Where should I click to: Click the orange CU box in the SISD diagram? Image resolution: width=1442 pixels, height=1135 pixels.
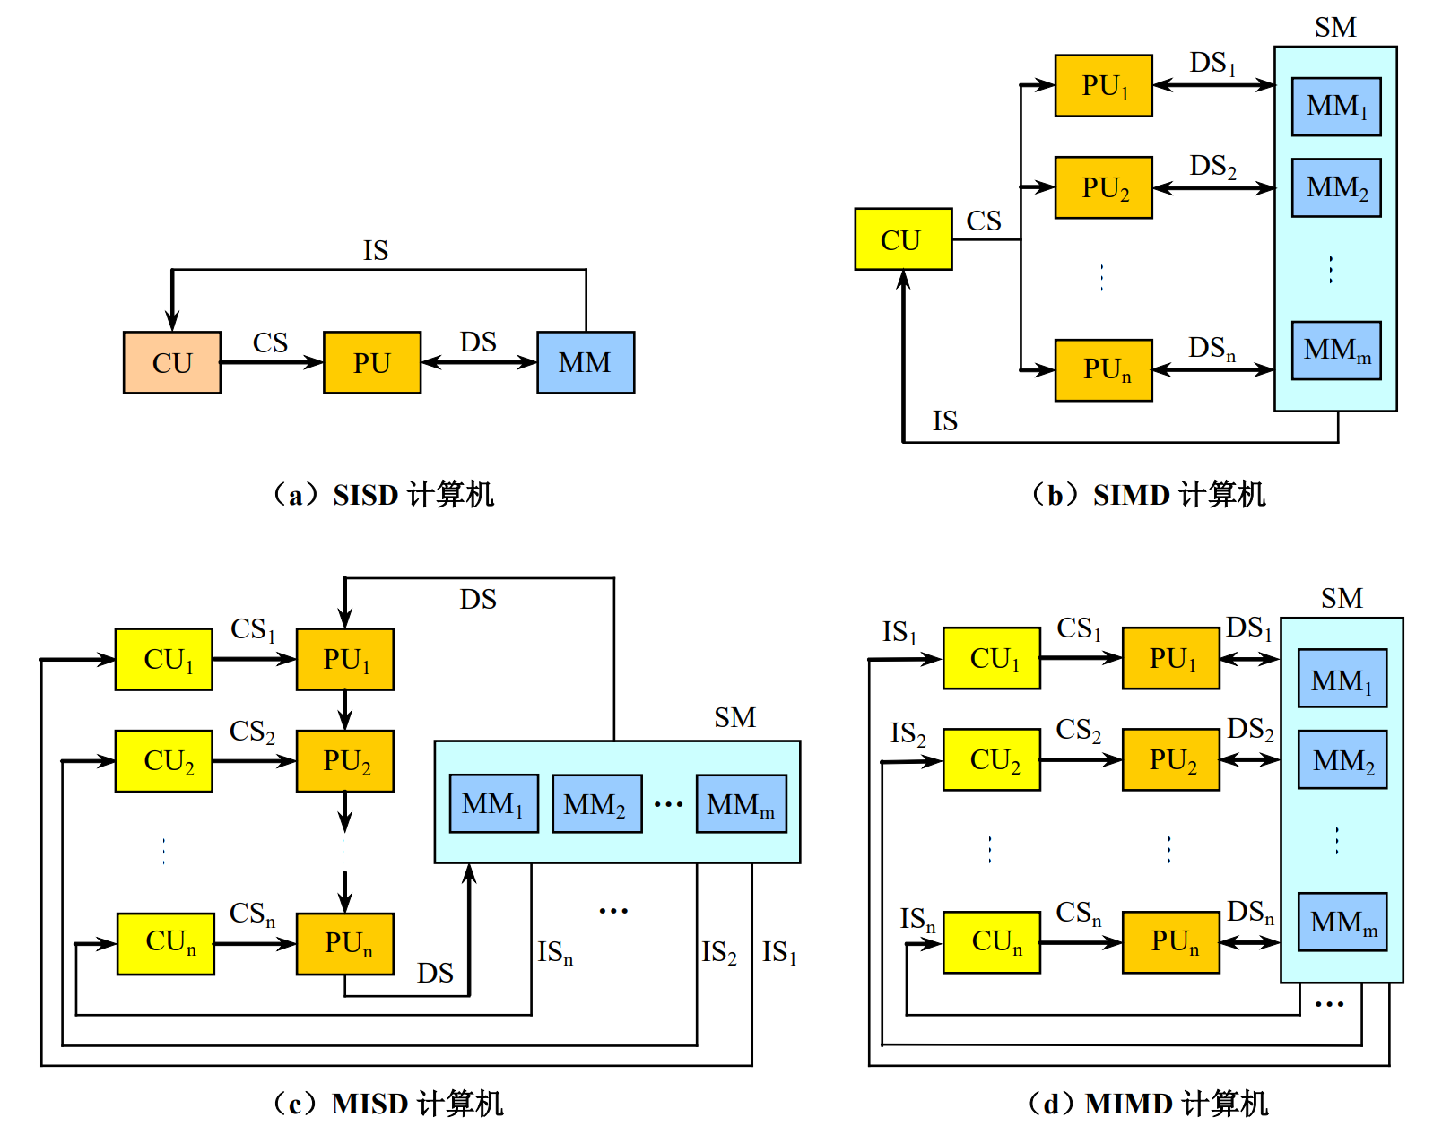click(x=172, y=363)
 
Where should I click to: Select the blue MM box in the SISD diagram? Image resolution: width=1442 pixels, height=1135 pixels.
click(x=586, y=363)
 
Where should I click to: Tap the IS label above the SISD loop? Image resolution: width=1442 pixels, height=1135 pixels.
click(x=376, y=251)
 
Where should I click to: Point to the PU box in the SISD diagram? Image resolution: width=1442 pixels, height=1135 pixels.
click(x=372, y=363)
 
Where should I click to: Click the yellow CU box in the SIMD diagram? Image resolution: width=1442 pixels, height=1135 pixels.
click(x=903, y=239)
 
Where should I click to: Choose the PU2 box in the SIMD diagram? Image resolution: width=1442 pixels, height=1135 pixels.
click(x=1103, y=188)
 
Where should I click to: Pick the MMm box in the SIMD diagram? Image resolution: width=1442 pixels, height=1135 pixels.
click(x=1336, y=351)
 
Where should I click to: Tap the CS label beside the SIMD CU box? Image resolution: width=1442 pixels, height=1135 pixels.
click(x=984, y=221)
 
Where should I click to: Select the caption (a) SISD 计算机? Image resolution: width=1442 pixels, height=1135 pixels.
click(x=384, y=495)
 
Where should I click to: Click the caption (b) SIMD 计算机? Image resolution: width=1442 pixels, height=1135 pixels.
click(x=1149, y=495)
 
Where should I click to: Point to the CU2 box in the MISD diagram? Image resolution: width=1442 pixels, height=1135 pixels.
click(x=164, y=761)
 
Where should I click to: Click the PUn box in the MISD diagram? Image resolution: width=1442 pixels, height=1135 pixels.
click(x=345, y=943)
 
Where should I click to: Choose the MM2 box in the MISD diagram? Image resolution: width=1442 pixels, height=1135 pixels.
click(x=596, y=804)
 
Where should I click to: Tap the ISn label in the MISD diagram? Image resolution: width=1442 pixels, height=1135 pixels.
click(x=555, y=952)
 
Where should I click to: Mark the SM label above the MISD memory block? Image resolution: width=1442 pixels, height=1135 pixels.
click(x=734, y=718)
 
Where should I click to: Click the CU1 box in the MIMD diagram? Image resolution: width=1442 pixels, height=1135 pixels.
click(x=992, y=659)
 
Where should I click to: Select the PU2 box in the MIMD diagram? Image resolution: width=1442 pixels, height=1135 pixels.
click(x=1171, y=760)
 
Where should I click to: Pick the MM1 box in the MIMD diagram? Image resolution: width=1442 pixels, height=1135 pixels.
click(x=1342, y=680)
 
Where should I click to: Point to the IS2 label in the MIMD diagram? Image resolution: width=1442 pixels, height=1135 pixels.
click(x=908, y=734)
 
